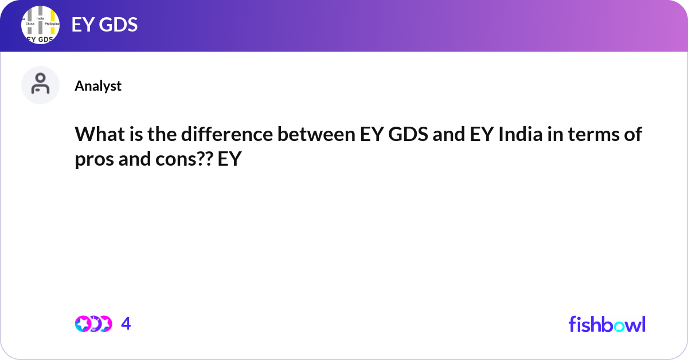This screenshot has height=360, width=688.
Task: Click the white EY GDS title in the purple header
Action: click(104, 25)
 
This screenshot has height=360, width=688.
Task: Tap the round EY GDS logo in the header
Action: click(41, 26)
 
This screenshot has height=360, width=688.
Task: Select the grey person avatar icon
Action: click(41, 85)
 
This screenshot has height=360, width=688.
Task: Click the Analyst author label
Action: click(98, 86)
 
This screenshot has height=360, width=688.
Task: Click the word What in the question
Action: click(97, 136)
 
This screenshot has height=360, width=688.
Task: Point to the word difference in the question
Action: click(216, 136)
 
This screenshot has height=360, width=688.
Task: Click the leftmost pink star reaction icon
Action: click(82, 324)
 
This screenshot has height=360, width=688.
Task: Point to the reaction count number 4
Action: click(126, 324)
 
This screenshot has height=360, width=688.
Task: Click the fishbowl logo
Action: click(607, 324)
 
